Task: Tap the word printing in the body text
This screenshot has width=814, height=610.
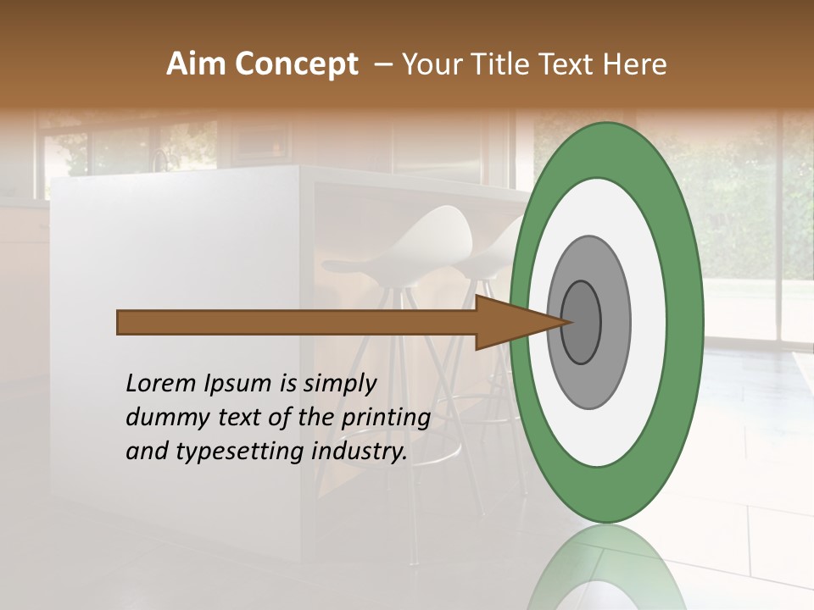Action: point(385,418)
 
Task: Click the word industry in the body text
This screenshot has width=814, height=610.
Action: point(360,452)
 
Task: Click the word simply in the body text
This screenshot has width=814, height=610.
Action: point(338,384)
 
